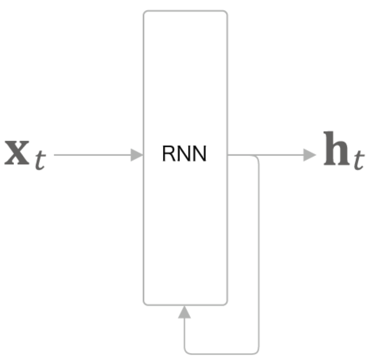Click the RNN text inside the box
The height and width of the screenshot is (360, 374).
coord(184,154)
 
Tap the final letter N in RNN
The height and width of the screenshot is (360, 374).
coord(199,154)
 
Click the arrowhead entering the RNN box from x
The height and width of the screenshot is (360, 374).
coord(137,155)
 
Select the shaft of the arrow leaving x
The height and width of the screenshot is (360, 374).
coord(92,155)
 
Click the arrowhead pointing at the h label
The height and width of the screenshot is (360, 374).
coord(310,155)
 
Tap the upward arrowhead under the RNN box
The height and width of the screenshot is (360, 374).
coord(185,312)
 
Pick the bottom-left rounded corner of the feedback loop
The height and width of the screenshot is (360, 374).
coord(187,351)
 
